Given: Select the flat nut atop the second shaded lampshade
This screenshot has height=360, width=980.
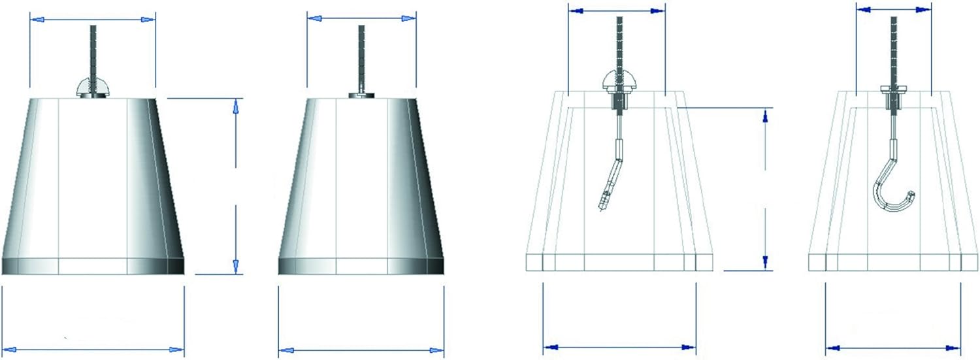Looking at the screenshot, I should click(x=361, y=95).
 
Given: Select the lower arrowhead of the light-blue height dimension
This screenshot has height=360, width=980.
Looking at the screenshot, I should click(x=236, y=266).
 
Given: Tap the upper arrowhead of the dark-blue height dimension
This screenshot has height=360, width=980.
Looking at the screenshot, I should click(x=765, y=116).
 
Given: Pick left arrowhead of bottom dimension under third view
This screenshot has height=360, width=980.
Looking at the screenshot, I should click(x=551, y=347).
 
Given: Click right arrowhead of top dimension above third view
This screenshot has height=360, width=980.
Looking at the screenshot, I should click(x=658, y=10).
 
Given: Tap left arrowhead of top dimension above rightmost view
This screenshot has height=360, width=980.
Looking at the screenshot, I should click(x=863, y=9).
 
